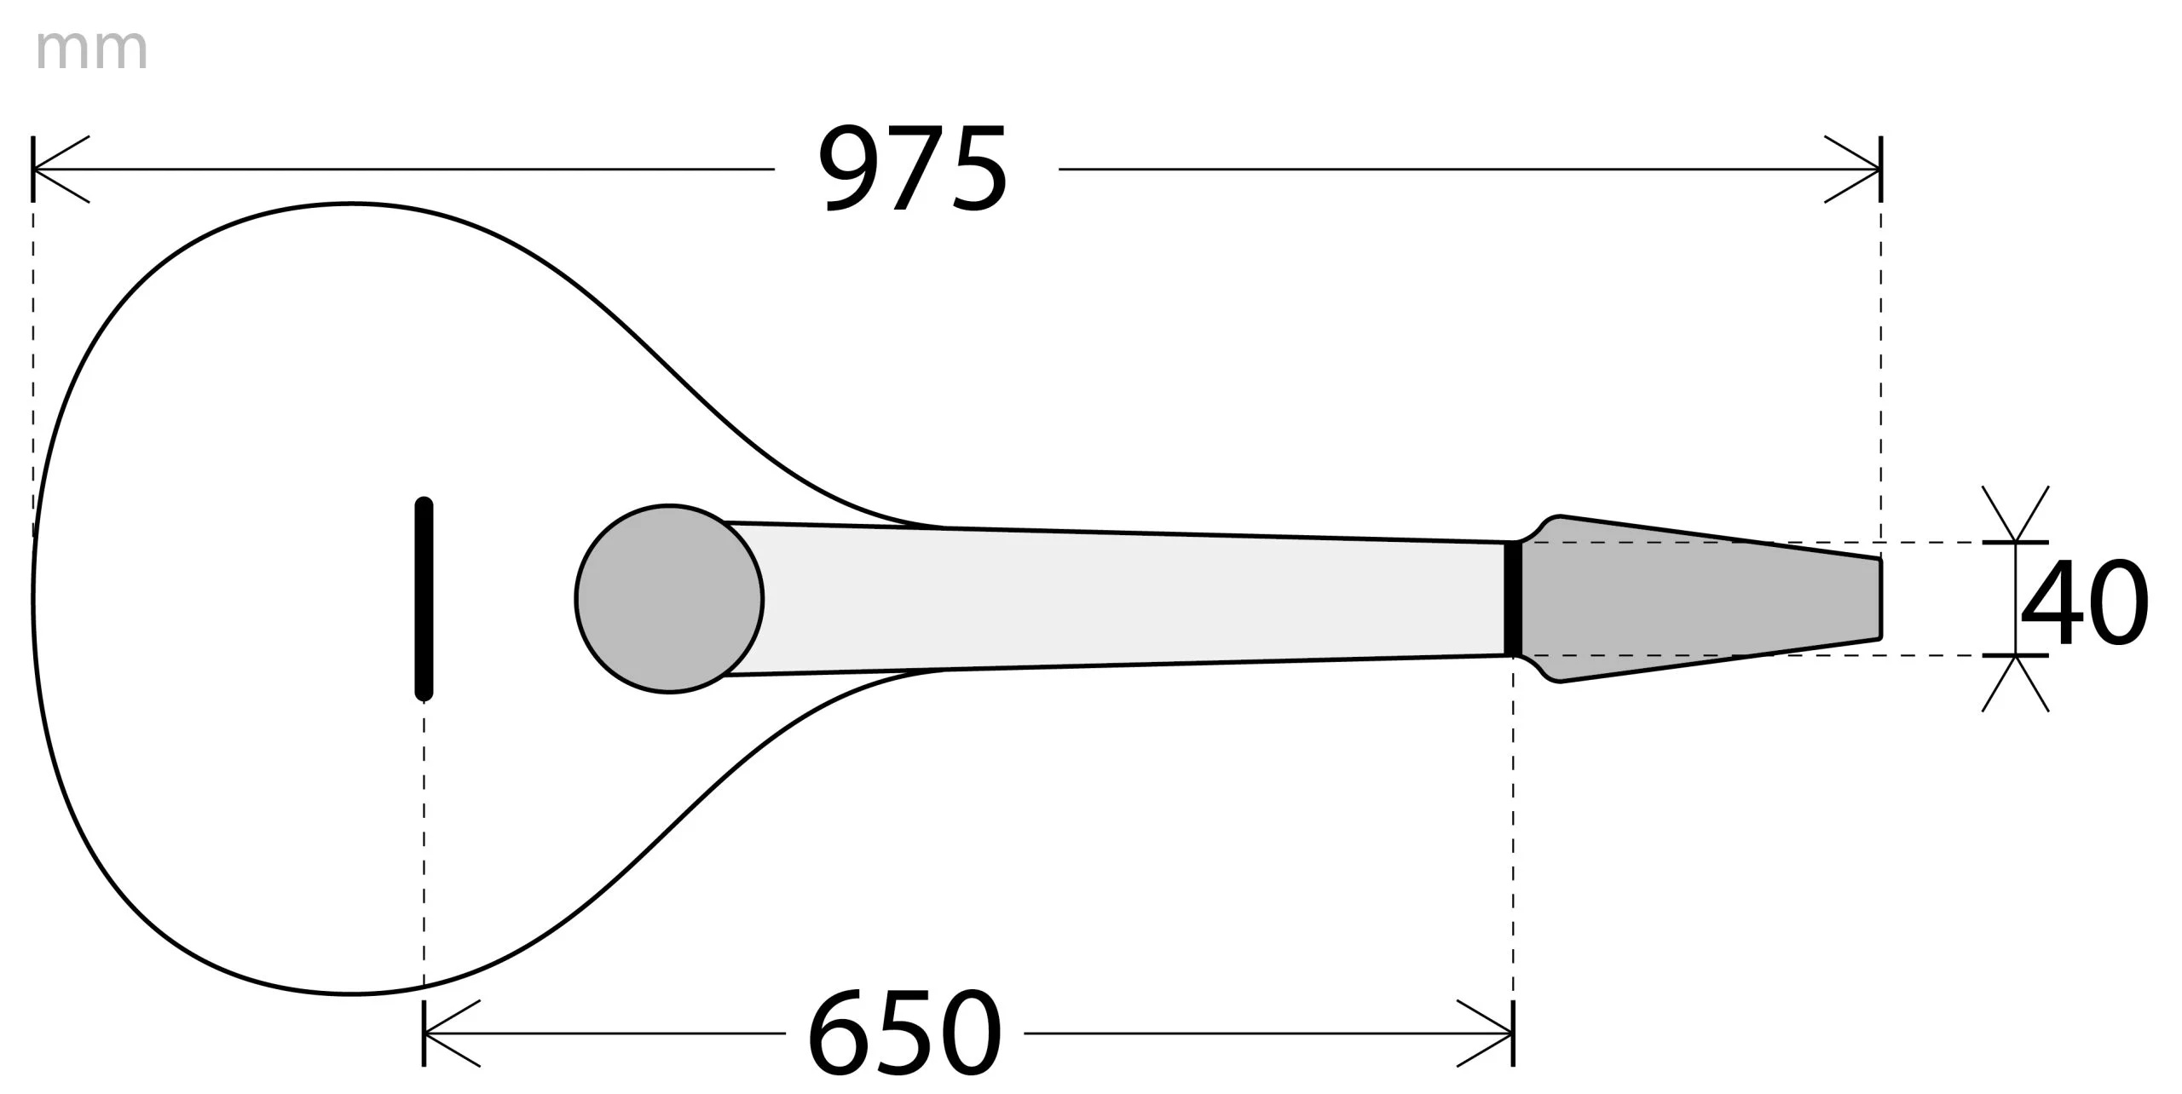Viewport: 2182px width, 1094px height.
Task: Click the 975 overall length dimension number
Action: click(x=913, y=170)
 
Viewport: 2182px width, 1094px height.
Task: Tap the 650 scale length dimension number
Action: click(x=904, y=1034)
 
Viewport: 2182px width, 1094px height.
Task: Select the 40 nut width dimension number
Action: click(x=2084, y=602)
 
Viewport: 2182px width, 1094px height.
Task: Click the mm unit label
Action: click(x=92, y=50)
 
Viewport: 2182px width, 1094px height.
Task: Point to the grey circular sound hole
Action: click(x=669, y=598)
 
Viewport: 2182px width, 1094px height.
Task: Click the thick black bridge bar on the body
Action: click(x=424, y=598)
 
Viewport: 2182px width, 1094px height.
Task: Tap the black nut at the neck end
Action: click(x=1513, y=598)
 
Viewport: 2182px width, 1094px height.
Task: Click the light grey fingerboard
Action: click(x=1125, y=598)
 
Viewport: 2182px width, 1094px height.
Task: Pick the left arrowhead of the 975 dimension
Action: click(x=60, y=170)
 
